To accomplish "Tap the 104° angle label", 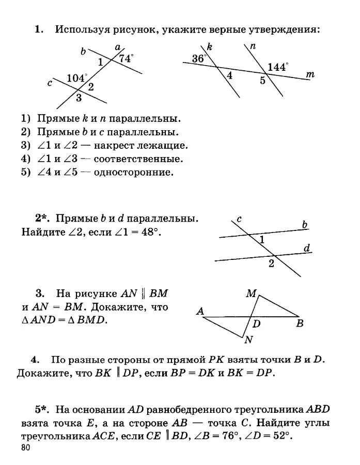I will click(x=77, y=78).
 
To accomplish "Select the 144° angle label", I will click(x=278, y=67).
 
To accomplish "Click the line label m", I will click(x=310, y=75).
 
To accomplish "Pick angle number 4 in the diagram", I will click(x=229, y=76).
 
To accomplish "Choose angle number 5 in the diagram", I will click(x=262, y=80).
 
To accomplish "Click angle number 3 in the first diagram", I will click(x=79, y=97).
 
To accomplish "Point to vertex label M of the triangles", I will click(x=251, y=293).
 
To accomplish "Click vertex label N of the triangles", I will click(x=248, y=339).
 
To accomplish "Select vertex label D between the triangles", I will click(x=256, y=324).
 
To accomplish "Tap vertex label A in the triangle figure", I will click(x=200, y=312).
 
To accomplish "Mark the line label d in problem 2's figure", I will click(x=306, y=249).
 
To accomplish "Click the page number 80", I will click(x=27, y=447).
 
